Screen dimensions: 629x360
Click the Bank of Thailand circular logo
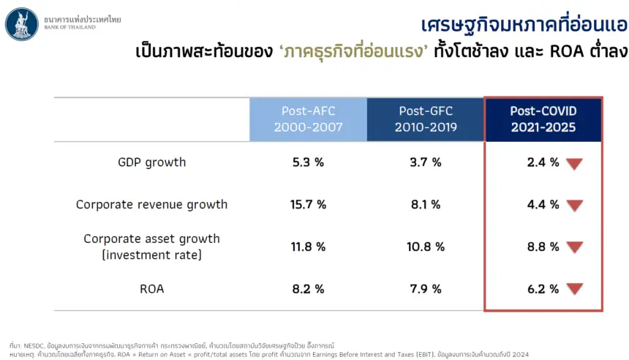pyautogui.click(x=22, y=24)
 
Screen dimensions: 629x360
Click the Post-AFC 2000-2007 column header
pyautogui.click(x=308, y=119)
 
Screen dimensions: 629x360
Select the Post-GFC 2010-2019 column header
pyautogui.click(x=426, y=119)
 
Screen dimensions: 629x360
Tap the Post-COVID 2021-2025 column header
pyautogui.click(x=543, y=119)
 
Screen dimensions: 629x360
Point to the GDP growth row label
pyautogui.click(x=151, y=162)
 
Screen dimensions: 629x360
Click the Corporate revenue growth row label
pyautogui.click(x=151, y=205)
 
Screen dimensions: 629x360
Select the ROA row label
pyautogui.click(x=151, y=289)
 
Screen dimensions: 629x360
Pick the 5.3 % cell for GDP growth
pyautogui.click(x=308, y=162)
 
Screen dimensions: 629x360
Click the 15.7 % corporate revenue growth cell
pyautogui.click(x=308, y=205)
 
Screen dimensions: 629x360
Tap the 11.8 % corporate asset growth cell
pyautogui.click(x=308, y=247)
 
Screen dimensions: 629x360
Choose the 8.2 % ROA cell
pyautogui.click(x=308, y=289)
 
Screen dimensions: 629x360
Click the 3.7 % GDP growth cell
pyautogui.click(x=426, y=162)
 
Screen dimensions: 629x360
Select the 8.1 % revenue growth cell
pyautogui.click(x=426, y=205)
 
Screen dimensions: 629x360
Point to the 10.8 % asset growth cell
pyautogui.click(x=426, y=247)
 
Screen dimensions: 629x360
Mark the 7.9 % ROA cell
pyautogui.click(x=426, y=289)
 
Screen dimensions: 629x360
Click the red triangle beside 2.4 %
pyautogui.click(x=574, y=163)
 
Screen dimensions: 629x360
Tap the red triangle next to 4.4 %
pyautogui.click(x=574, y=205)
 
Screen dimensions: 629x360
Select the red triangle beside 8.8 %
pyautogui.click(x=574, y=247)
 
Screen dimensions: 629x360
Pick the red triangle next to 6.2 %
pyautogui.click(x=574, y=288)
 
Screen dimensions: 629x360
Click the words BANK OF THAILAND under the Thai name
pyautogui.click(x=69, y=27)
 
